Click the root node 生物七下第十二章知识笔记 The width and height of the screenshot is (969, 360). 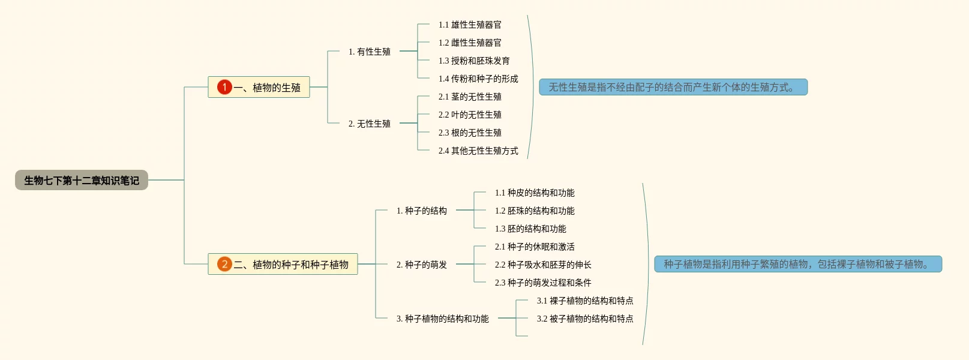point(82,180)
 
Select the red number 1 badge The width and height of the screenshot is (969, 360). point(224,87)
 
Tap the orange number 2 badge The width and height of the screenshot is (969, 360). point(224,264)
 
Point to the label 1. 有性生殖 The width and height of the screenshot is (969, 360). point(369,52)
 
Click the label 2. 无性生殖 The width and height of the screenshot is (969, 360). point(369,124)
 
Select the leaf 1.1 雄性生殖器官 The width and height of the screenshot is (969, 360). point(470,25)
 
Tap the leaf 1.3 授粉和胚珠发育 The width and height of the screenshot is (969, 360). point(474,61)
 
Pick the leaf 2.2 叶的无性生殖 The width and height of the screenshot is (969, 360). point(470,115)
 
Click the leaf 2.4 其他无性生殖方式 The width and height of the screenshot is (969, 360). point(478,151)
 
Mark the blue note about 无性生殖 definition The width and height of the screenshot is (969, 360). point(673,87)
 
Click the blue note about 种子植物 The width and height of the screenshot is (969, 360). point(797,264)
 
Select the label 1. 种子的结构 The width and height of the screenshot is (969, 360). point(421,211)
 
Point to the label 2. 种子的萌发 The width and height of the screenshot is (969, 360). point(421,265)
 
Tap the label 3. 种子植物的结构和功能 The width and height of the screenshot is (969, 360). point(442,319)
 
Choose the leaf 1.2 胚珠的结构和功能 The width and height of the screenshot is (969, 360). point(535,211)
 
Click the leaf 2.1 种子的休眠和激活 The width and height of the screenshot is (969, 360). point(535,247)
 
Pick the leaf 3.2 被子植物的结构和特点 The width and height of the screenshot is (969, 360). point(585,319)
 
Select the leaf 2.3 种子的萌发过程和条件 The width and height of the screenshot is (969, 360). point(543,283)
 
